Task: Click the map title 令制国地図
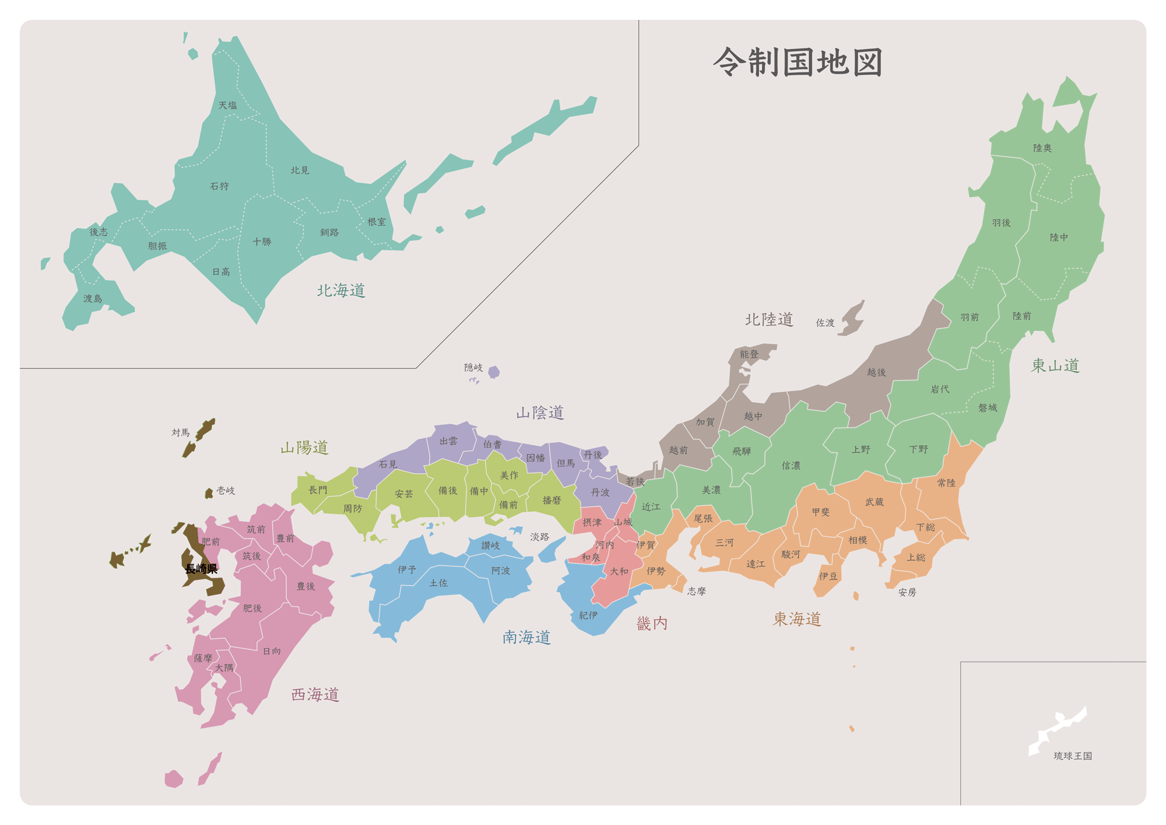click(798, 62)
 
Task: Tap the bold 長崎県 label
click(201, 569)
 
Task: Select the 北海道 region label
click(341, 290)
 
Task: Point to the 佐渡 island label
click(825, 323)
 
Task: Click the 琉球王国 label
click(1073, 756)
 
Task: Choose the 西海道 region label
click(315, 694)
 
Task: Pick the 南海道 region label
click(526, 637)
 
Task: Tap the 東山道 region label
click(1055, 366)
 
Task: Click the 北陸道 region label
click(769, 319)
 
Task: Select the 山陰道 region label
click(540, 412)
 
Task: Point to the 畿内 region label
click(652, 623)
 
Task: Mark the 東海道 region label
click(797, 619)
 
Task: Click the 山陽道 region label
click(304, 448)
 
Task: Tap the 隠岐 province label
click(473, 368)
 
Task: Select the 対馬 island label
click(181, 432)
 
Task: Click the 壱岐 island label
click(226, 491)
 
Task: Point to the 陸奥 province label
click(1042, 148)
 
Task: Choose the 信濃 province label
click(791, 466)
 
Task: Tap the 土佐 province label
click(438, 583)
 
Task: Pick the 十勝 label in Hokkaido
click(262, 242)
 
